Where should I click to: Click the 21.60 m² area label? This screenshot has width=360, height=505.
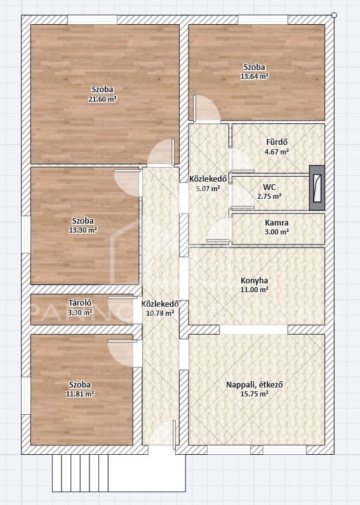coord(102,99)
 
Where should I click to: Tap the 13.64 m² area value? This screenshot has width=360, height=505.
coord(255,76)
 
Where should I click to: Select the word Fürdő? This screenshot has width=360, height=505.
coord(277,142)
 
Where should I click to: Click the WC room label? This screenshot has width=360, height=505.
coord(269,187)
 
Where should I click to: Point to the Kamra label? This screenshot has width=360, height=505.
coord(277,222)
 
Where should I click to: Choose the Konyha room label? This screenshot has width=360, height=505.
coord(255,281)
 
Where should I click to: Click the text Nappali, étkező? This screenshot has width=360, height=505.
coord(255,384)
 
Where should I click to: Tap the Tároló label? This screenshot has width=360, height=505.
coord(80,303)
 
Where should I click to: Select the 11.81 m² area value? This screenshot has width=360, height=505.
coord(80,394)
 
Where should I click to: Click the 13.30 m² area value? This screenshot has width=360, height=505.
coord(83,230)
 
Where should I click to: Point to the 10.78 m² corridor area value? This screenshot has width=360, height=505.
coord(161,313)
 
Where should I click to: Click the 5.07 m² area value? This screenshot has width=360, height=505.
coord(208,189)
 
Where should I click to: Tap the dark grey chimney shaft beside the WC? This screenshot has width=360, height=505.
coord(317,188)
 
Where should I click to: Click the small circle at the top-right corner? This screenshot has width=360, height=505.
coord(334,15)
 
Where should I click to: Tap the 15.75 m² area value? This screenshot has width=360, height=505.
coord(255,394)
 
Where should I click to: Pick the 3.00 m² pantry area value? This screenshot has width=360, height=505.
coord(277,232)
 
